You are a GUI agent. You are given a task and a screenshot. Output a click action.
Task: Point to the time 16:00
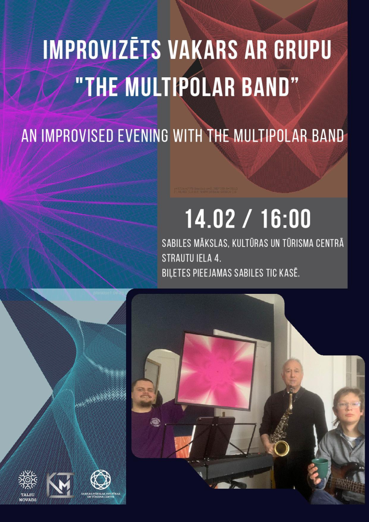pos(285,219)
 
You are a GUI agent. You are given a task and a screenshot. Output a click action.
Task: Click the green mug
pos(320,467)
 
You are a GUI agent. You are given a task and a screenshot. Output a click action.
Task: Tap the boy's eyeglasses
pos(348,405)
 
